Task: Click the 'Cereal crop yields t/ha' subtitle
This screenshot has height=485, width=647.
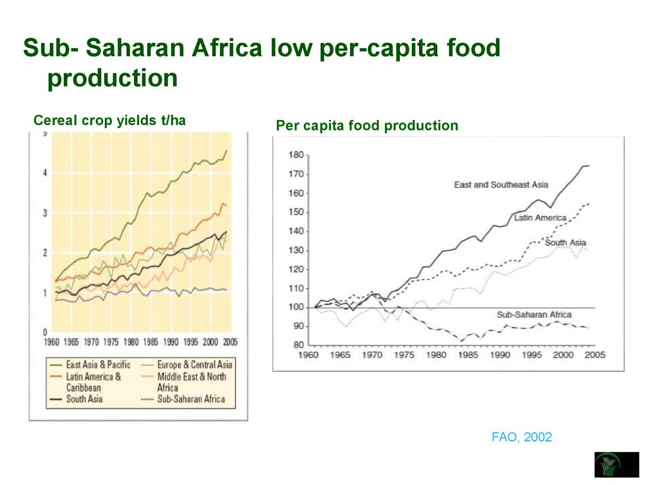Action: (109, 120)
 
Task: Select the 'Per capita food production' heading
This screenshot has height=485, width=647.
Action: (366, 126)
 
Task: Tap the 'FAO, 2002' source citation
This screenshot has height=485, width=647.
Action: (521, 437)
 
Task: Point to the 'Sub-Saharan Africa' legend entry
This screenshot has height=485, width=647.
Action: (190, 399)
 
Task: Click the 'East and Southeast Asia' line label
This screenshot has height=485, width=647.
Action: (500, 184)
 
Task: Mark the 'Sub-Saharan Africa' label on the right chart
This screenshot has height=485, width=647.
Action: (534, 314)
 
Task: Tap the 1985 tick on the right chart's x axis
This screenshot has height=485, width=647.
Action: (468, 355)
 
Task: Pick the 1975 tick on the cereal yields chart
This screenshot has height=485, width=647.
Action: (111, 342)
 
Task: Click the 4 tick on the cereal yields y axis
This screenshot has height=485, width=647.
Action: (44, 173)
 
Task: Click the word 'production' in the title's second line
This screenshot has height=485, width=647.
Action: (112, 78)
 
